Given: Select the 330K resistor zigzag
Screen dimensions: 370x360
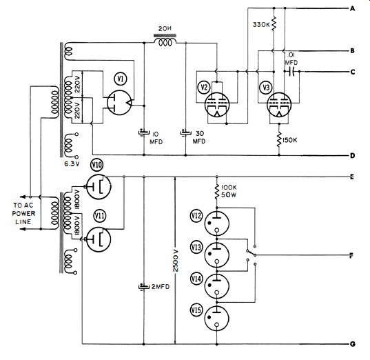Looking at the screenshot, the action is [274, 23].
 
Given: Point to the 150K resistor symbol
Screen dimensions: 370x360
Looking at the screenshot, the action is [279, 139].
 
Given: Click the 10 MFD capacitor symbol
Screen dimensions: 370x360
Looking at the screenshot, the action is [144, 132].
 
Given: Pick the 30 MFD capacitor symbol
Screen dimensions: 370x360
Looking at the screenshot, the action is [186, 132].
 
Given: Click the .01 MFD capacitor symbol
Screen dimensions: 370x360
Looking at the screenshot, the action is [292, 71].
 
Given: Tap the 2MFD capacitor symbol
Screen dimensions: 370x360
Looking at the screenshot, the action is [144, 286].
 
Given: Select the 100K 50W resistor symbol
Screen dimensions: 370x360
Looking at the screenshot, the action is [217, 191].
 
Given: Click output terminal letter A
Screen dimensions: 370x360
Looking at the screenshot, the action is [352, 9].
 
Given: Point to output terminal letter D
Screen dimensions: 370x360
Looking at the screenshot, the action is [352, 156].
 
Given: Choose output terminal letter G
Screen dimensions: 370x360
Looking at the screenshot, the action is [352, 344].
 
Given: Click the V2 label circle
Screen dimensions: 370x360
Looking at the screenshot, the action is [204, 87].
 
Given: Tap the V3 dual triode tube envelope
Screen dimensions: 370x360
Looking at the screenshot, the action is [279, 105].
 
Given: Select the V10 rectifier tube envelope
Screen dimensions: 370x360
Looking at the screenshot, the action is [99, 187].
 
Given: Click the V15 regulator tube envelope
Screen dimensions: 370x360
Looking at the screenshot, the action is [216, 319].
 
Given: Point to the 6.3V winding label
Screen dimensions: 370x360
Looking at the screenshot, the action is [72, 163].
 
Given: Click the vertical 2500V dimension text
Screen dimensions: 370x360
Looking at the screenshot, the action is [176, 260].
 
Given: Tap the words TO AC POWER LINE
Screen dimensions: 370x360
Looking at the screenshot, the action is [23, 213].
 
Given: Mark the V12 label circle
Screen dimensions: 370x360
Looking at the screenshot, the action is [196, 216].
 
